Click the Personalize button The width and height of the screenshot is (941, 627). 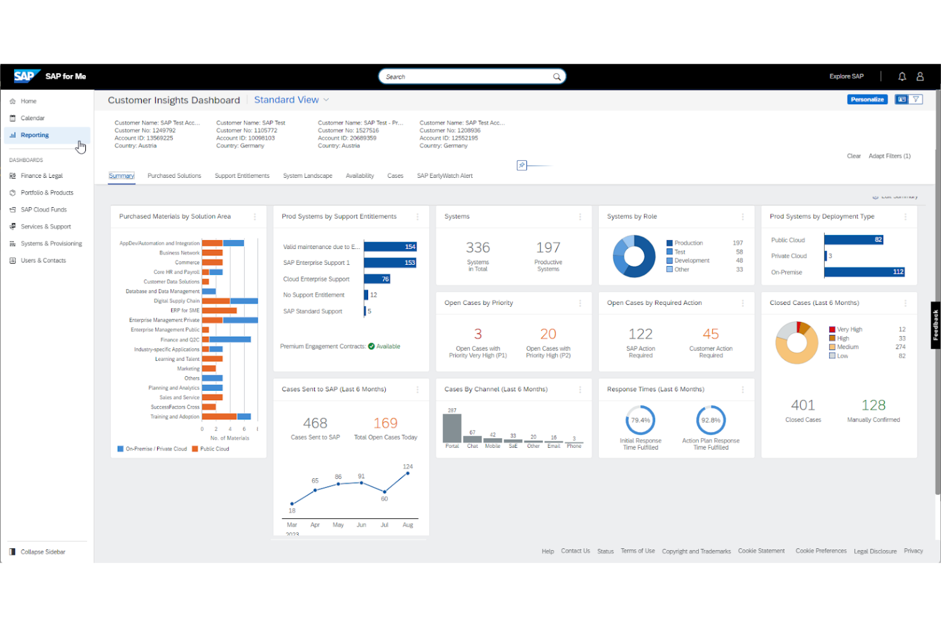tap(867, 100)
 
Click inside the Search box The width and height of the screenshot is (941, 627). tap(467, 77)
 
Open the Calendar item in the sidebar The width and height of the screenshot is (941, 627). tap(32, 118)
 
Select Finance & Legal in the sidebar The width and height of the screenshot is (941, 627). tap(41, 176)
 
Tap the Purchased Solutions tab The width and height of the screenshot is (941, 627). tap(174, 176)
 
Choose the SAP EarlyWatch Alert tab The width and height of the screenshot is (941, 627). tap(444, 176)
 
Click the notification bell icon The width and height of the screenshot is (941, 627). tap(902, 77)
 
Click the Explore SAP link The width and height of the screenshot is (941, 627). tap(846, 77)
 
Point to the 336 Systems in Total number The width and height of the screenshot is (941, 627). tap(477, 248)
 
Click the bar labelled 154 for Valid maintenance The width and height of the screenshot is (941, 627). tap(390, 247)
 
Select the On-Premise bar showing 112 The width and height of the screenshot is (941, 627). tap(864, 272)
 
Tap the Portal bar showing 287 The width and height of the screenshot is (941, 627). tap(452, 428)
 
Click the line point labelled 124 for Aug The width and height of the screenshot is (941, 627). tap(408, 473)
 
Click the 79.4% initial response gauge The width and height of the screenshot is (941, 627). tap(640, 421)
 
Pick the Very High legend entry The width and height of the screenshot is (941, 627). tap(849, 330)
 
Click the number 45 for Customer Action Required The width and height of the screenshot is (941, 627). tap(710, 334)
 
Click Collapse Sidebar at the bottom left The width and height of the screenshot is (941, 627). tap(42, 552)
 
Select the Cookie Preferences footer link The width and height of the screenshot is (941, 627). tap(821, 551)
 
